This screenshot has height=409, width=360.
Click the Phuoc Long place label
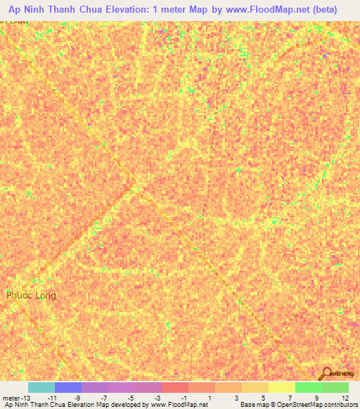tap(31, 295)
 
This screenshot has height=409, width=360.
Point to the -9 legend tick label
tap(77, 398)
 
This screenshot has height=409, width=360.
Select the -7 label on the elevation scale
tap(103, 398)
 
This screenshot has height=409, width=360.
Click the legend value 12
tap(345, 398)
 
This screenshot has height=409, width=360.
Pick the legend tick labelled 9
tap(317, 398)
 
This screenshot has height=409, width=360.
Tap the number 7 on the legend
tap(290, 398)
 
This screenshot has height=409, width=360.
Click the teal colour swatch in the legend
tap(41, 387)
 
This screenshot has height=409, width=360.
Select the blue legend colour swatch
tap(68, 387)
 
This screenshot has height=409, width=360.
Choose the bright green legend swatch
tap(309, 387)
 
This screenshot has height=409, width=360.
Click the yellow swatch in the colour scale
tap(282, 387)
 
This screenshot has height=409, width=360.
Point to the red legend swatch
tap(175, 387)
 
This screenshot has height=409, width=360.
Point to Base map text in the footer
tap(255, 405)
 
